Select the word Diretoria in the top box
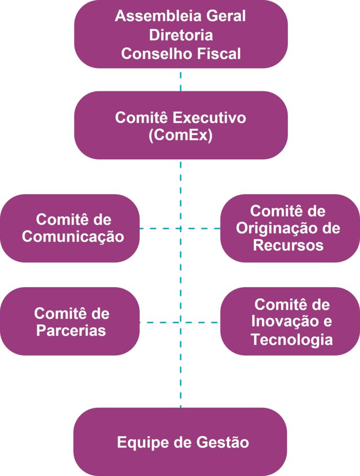[x=180, y=35]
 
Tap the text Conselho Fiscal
[x=180, y=53]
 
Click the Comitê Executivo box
[x=180, y=125]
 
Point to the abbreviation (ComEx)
[x=180, y=135]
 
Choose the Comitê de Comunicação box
[x=70, y=228]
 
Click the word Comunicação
[x=73, y=237]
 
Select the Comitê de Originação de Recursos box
[x=290, y=228]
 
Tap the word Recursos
[x=288, y=245]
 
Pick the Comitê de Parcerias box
[x=70, y=322]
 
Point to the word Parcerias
[x=71, y=330]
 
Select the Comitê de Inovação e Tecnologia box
[x=290, y=322]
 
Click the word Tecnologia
[x=292, y=339]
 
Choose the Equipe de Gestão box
[x=180, y=442]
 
